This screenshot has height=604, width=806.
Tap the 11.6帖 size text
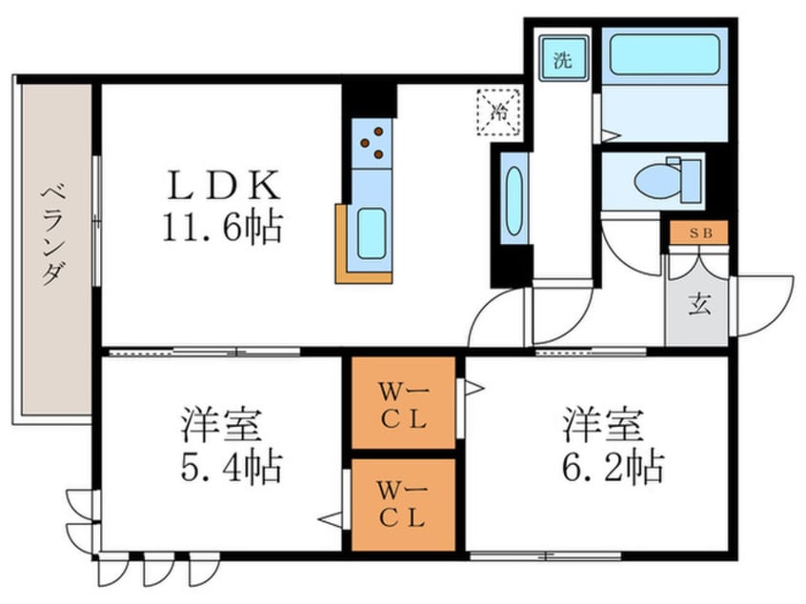tap(224, 227)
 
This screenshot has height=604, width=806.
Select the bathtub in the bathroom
tap(663, 54)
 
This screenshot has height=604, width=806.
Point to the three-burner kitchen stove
tap(373, 143)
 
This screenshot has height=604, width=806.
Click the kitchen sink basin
tap(371, 234)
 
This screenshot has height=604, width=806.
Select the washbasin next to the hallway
tap(513, 201)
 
